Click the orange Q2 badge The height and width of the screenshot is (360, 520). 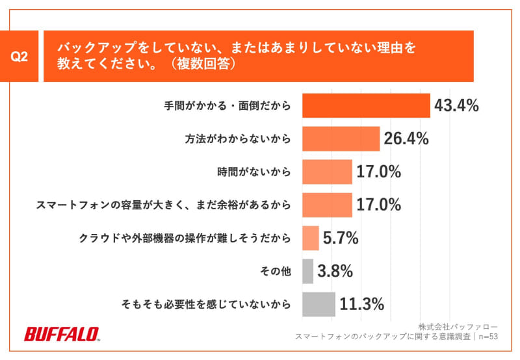tap(19, 57)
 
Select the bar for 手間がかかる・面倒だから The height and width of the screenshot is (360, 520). tap(366, 105)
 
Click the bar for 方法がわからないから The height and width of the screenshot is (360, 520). tap(341, 138)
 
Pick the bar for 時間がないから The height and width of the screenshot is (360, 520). tap(327, 172)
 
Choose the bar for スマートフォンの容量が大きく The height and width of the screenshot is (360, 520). tap(327, 205)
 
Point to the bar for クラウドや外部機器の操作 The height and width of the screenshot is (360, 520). tap(311, 238)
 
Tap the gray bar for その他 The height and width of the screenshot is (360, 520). tap(307, 271)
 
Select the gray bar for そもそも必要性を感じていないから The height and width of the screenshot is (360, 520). tap(318, 303)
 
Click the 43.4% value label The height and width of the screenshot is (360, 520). tap(456, 105)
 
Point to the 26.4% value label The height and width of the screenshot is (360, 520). tap(406, 138)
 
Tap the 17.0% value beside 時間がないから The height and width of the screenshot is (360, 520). tap(378, 172)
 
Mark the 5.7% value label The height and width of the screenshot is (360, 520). tap(341, 238)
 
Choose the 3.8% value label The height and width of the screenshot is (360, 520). tap(335, 271)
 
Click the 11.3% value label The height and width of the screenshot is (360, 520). tap(362, 303)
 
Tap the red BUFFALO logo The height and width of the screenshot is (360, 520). tap(61, 334)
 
